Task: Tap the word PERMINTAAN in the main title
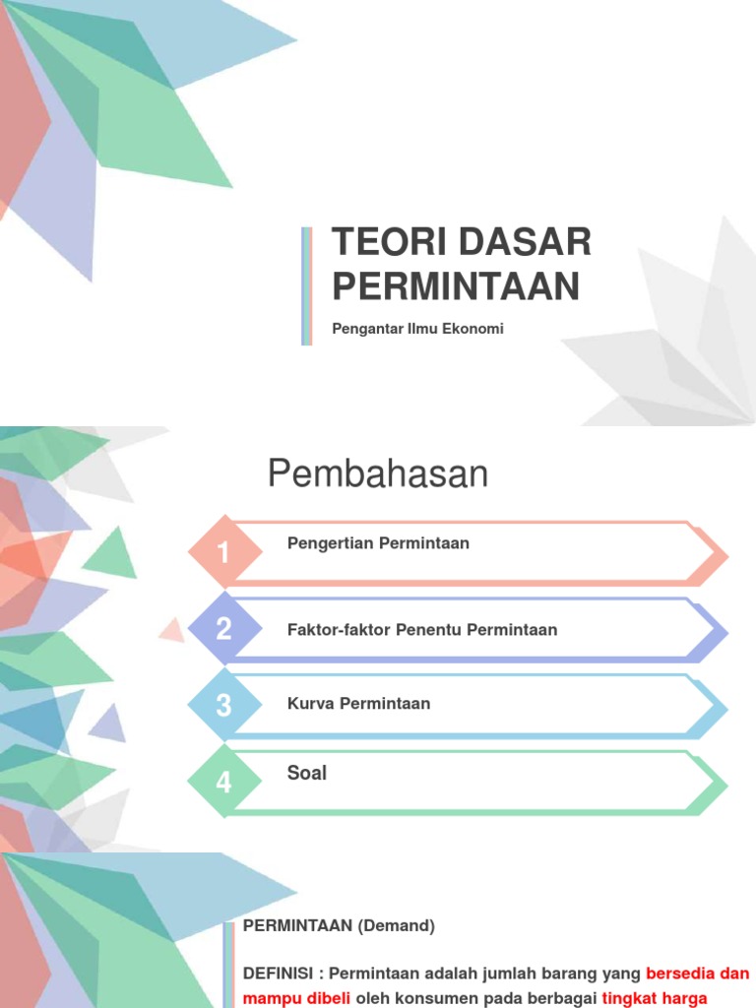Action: (455, 285)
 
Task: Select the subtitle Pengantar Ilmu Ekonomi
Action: (417, 329)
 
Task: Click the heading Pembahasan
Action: (378, 474)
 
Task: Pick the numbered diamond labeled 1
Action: (224, 553)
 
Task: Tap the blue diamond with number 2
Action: (224, 629)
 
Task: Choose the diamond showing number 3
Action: (224, 705)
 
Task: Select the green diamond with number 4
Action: (224, 783)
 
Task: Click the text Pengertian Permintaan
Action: (378, 543)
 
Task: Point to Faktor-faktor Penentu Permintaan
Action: (421, 630)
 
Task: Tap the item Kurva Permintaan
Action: (358, 704)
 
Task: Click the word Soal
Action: (307, 773)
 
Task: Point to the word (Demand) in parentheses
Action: (396, 925)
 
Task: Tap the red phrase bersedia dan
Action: (698, 974)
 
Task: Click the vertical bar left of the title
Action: (307, 285)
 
